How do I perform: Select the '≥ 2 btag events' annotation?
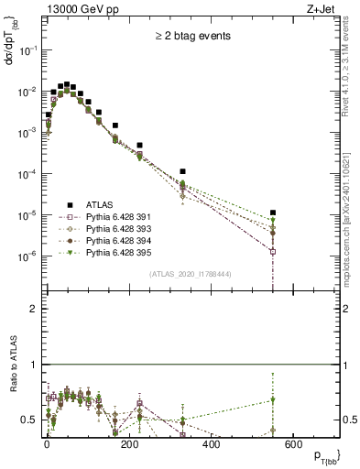tap(192, 37)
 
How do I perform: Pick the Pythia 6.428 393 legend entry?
tap(120, 230)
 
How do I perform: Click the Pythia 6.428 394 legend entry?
tap(120, 242)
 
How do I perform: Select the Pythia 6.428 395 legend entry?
tap(120, 254)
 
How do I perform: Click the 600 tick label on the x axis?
tap(294, 443)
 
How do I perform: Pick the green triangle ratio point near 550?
tap(273, 399)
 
